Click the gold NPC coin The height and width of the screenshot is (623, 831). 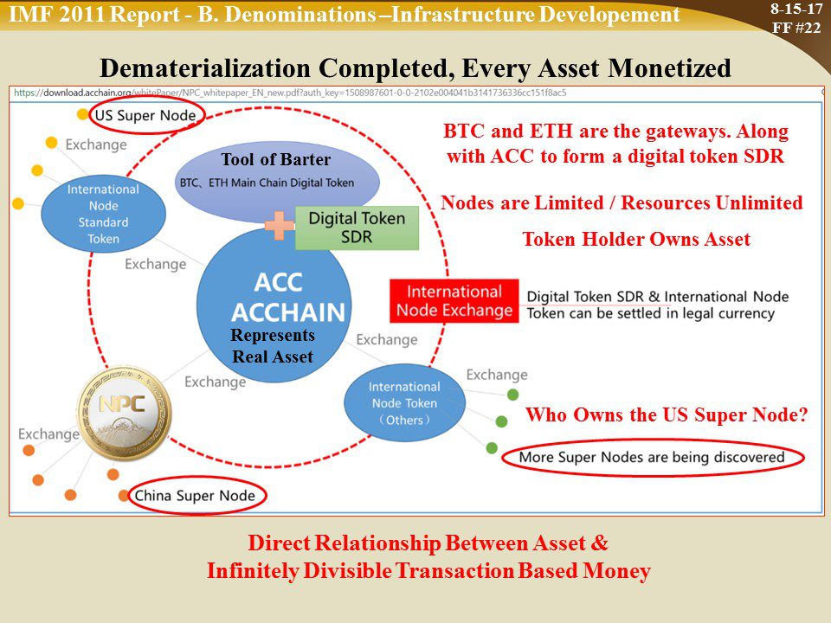(125, 413)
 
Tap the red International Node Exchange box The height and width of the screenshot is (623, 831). (454, 301)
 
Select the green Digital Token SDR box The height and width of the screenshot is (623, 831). (357, 228)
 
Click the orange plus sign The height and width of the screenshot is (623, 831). (280, 225)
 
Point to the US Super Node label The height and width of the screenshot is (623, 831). (145, 115)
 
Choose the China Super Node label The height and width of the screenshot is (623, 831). (195, 495)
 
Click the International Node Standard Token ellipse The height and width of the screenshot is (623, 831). (103, 214)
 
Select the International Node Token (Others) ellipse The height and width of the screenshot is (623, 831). (404, 402)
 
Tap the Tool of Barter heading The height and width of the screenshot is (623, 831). (275, 159)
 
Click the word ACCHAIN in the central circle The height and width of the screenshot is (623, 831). (288, 312)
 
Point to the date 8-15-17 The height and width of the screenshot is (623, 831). (796, 9)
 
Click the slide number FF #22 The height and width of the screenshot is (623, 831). (796, 28)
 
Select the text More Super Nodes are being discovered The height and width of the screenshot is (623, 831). (651, 457)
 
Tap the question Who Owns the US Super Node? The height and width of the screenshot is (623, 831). (667, 414)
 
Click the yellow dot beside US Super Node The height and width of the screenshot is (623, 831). (83, 114)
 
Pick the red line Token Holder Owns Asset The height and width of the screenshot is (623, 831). (636, 239)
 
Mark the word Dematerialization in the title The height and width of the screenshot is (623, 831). (205, 69)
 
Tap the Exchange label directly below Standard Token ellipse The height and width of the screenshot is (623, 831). (155, 264)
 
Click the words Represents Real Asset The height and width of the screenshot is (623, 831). (273, 345)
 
